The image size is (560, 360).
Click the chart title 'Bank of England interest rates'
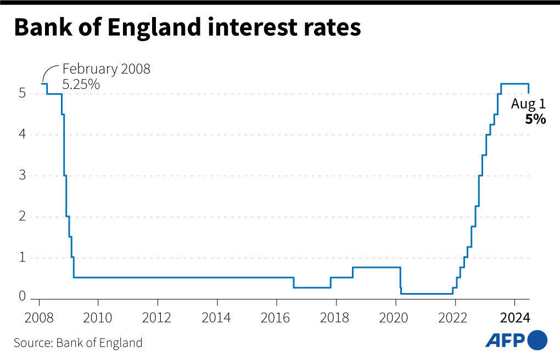click(x=187, y=27)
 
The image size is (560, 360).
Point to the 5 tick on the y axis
click(x=22, y=94)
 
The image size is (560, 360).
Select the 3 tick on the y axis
click(x=22, y=176)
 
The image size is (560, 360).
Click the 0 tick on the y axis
click(x=22, y=297)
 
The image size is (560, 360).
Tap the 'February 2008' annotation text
click(x=106, y=70)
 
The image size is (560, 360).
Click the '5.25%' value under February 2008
click(x=81, y=85)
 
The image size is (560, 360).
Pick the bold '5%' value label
click(x=535, y=119)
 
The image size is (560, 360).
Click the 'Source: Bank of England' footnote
click(x=78, y=343)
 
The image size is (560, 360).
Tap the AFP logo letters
click(x=505, y=340)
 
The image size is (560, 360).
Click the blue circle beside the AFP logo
click(x=537, y=340)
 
